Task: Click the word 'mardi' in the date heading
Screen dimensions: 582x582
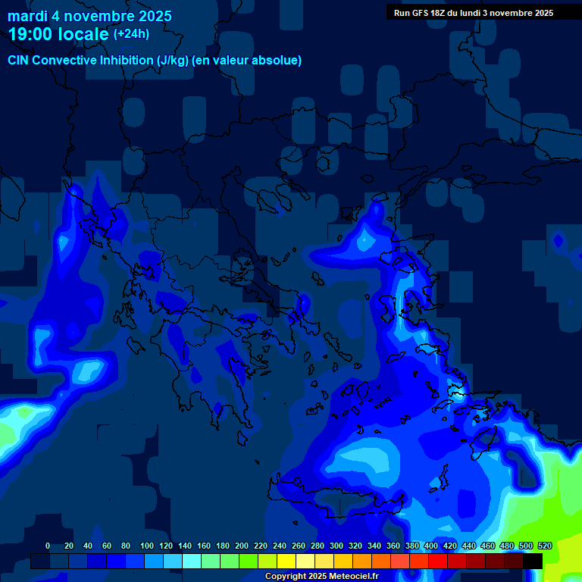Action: [27, 16]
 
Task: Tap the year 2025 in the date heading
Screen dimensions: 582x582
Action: [152, 16]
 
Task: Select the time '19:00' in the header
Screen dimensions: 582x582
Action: [31, 34]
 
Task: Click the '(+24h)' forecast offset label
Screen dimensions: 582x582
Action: [130, 34]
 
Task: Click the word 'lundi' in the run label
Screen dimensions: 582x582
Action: [476, 13]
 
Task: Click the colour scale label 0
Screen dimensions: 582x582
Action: [48, 546]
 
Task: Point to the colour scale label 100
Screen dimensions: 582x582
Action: [147, 546]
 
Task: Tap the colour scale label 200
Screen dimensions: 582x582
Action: [242, 546]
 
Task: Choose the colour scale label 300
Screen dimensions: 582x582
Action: [336, 546]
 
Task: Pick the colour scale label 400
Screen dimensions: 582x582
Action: [431, 546]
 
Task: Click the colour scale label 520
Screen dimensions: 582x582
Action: [544, 546]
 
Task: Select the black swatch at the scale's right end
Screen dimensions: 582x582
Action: [533, 562]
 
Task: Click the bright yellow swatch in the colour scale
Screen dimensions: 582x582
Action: [286, 562]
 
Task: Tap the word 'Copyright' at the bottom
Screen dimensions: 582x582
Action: [286, 577]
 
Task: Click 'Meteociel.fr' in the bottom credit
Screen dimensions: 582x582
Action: [353, 577]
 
